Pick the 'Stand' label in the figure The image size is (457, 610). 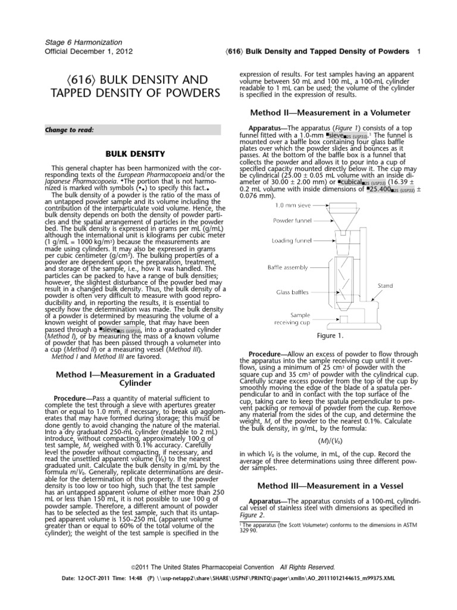[x=386, y=286]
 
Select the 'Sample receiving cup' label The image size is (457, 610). [x=289, y=318]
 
